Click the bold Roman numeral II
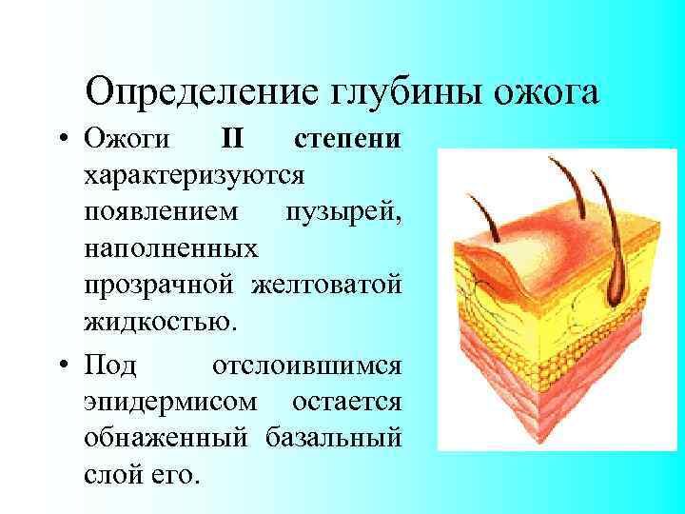(233, 141)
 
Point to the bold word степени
(347, 141)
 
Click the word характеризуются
(194, 176)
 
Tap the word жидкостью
(156, 321)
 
